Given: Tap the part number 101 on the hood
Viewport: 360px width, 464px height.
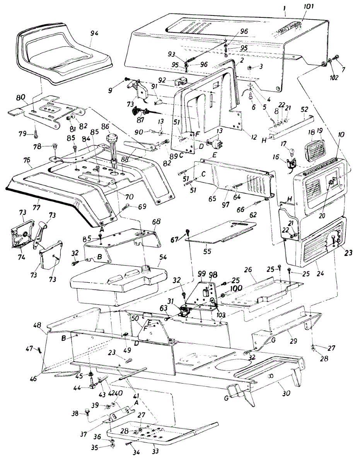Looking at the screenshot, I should coord(309,6).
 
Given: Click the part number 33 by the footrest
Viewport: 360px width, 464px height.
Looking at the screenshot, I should coord(156,451).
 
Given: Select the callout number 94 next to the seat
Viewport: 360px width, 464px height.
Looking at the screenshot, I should coord(94,34).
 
